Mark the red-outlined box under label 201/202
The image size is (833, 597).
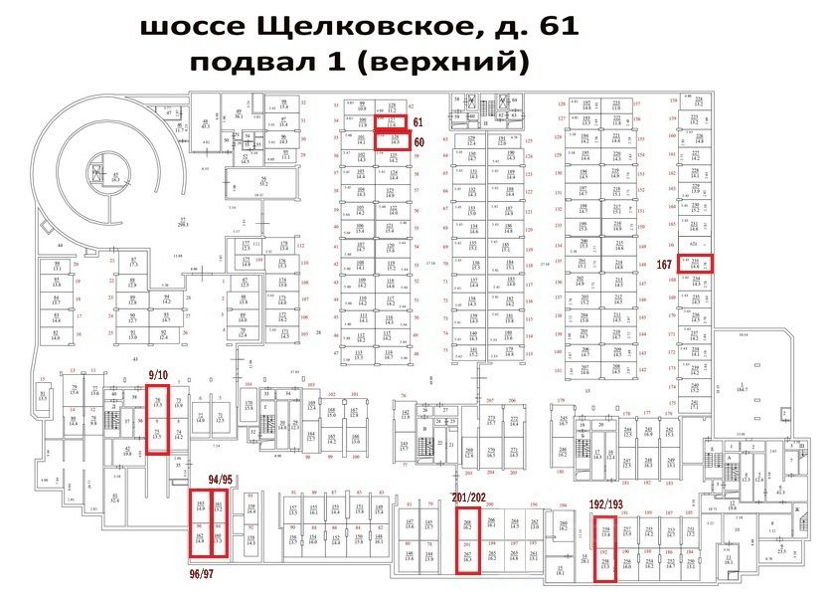click(x=469, y=543)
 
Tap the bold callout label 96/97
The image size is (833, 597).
click(x=206, y=574)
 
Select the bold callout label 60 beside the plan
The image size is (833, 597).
click(x=418, y=142)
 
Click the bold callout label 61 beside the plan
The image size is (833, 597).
click(x=418, y=121)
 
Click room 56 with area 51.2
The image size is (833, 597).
click(x=264, y=182)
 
